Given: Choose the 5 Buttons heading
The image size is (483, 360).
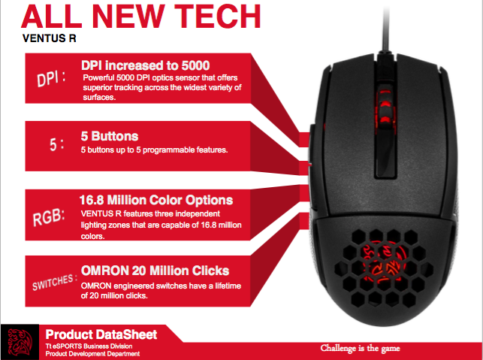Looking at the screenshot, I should tap(109, 137).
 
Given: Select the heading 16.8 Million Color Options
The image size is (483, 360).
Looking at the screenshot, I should tap(155, 201).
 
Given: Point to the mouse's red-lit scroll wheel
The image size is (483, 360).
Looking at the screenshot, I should tap(382, 110).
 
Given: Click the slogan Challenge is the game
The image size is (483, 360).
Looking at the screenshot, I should tap(361, 348).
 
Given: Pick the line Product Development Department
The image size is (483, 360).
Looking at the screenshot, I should tap(92, 353).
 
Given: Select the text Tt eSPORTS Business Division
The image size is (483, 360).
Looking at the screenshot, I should tap(88, 345).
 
